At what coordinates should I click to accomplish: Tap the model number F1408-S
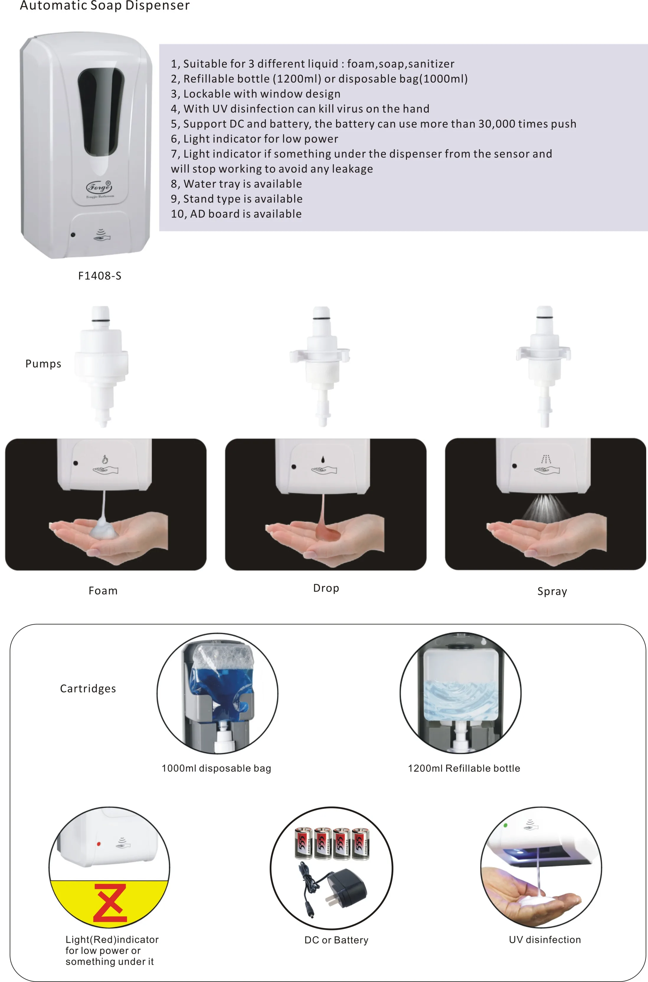(x=100, y=276)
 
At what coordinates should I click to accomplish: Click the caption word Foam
(x=103, y=591)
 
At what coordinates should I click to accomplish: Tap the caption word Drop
(x=326, y=588)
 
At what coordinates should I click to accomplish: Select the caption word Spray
(x=552, y=591)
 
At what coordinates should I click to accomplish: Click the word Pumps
(x=43, y=364)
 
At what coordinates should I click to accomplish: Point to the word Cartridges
(x=88, y=689)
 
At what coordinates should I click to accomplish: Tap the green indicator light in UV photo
(x=505, y=825)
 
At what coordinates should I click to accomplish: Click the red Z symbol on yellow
(x=110, y=904)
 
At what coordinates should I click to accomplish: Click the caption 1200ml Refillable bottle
(x=464, y=768)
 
